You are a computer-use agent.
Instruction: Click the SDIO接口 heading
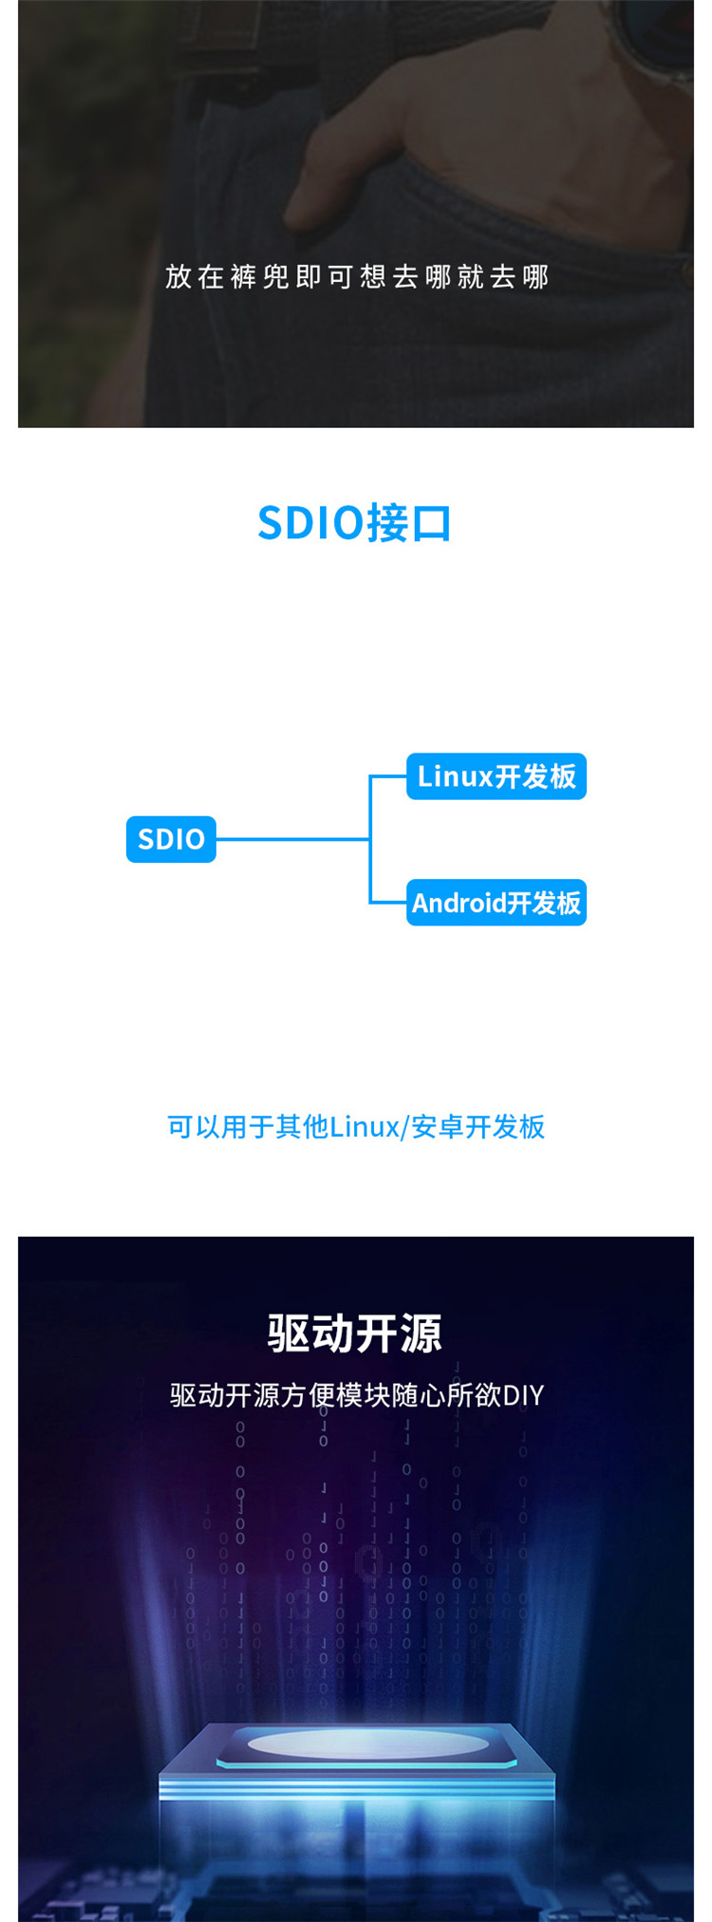pyautogui.click(x=355, y=523)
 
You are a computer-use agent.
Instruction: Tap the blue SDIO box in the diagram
pyautogui.click(x=171, y=839)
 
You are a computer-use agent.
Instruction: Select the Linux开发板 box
pyautogui.click(x=497, y=776)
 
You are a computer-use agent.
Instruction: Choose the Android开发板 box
pyautogui.click(x=497, y=903)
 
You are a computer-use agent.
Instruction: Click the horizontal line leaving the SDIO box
pyautogui.click(x=292, y=839)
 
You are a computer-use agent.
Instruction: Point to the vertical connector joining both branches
pyautogui.click(x=370, y=839)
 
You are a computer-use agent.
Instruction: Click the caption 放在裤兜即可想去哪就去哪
pyautogui.click(x=357, y=276)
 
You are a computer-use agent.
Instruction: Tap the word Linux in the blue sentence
pyautogui.click(x=365, y=1127)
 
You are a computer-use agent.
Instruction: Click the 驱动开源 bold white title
pyautogui.click(x=355, y=1333)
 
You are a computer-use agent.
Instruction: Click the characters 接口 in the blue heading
pyautogui.click(x=410, y=523)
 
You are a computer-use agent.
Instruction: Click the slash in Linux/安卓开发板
pyautogui.click(x=405, y=1127)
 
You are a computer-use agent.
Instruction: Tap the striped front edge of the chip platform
pyautogui.click(x=356, y=1788)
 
